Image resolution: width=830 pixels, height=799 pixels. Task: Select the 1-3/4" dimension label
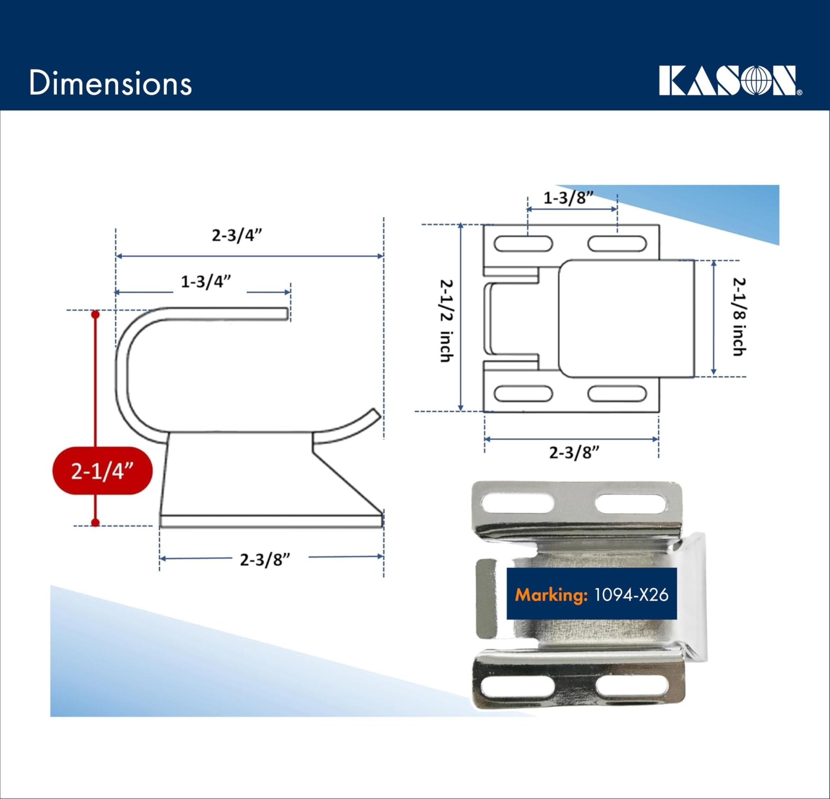coord(206,282)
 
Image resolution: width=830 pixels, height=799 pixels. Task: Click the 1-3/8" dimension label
coord(568,198)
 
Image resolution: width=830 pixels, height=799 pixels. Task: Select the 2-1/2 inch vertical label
coord(445,320)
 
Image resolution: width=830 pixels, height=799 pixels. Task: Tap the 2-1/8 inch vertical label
coord(738,317)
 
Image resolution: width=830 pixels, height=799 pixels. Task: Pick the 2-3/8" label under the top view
coord(575,453)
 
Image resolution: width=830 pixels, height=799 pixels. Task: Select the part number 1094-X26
coord(631,595)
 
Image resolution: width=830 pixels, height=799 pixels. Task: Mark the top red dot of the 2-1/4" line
coord(95,314)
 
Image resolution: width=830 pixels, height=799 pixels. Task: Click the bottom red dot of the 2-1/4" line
coord(95,523)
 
